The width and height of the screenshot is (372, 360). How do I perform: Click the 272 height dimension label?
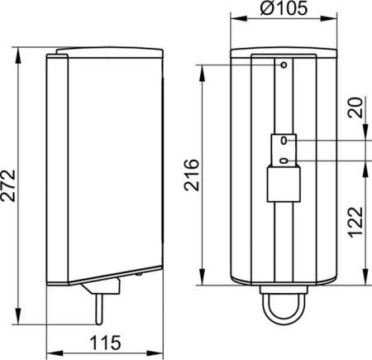pos(8,185)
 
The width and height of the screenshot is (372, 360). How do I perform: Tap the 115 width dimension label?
pos(106,343)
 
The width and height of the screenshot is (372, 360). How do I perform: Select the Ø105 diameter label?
pos(284,7)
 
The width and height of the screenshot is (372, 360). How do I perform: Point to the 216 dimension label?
pos(192,175)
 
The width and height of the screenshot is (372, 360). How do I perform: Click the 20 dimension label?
pos(355,108)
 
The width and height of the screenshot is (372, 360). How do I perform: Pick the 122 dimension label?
pos(355,222)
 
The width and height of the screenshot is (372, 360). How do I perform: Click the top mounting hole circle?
pos(284,65)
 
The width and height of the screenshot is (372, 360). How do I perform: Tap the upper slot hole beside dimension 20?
pos(284,141)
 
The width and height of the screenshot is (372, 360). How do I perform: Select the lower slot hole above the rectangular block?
pos(284,161)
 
